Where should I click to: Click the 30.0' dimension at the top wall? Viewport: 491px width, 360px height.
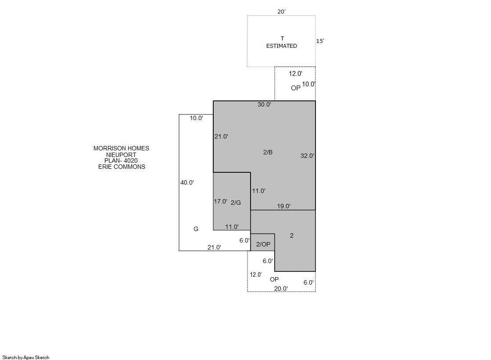pyautogui.click(x=264, y=104)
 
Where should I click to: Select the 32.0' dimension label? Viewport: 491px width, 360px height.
pyautogui.click(x=307, y=156)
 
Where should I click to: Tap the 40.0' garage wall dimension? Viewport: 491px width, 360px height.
pyautogui.click(x=187, y=182)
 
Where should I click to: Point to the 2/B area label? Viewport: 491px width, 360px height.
pyautogui.click(x=268, y=152)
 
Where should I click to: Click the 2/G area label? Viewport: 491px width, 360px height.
pyautogui.click(x=236, y=203)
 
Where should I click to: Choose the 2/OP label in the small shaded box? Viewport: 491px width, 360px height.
pyautogui.click(x=263, y=244)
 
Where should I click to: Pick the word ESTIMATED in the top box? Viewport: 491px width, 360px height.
pyautogui.click(x=282, y=46)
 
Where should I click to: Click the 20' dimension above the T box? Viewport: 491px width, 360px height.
pyautogui.click(x=281, y=11)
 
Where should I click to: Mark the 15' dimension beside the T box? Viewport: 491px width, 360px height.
pyautogui.click(x=320, y=41)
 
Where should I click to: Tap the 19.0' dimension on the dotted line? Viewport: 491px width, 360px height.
pyautogui.click(x=284, y=206)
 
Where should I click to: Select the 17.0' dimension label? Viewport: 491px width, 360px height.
pyautogui.click(x=220, y=201)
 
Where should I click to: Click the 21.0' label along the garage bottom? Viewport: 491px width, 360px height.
pyautogui.click(x=214, y=247)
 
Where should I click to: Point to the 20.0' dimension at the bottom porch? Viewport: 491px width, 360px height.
pyautogui.click(x=281, y=289)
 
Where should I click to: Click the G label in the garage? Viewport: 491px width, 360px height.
pyautogui.click(x=196, y=229)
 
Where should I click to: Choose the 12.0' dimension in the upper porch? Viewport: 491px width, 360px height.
pyautogui.click(x=295, y=74)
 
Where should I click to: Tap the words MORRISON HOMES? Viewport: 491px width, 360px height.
pyautogui.click(x=121, y=148)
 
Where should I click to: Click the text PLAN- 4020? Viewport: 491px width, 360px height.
pyautogui.click(x=121, y=160)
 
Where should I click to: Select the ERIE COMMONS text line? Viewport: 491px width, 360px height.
pyautogui.click(x=122, y=167)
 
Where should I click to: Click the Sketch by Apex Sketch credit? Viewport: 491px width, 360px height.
pyautogui.click(x=26, y=357)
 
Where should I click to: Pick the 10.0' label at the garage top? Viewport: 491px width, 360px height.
pyautogui.click(x=196, y=118)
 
